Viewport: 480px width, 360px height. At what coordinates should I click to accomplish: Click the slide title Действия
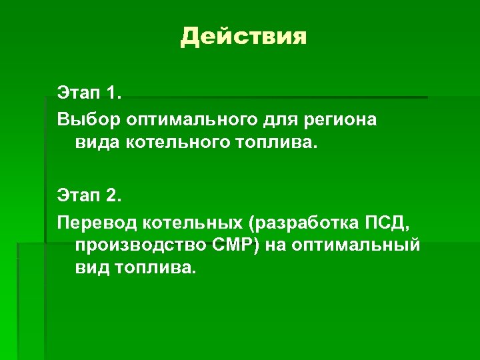243,37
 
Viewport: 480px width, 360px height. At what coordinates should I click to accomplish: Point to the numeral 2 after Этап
111,196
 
